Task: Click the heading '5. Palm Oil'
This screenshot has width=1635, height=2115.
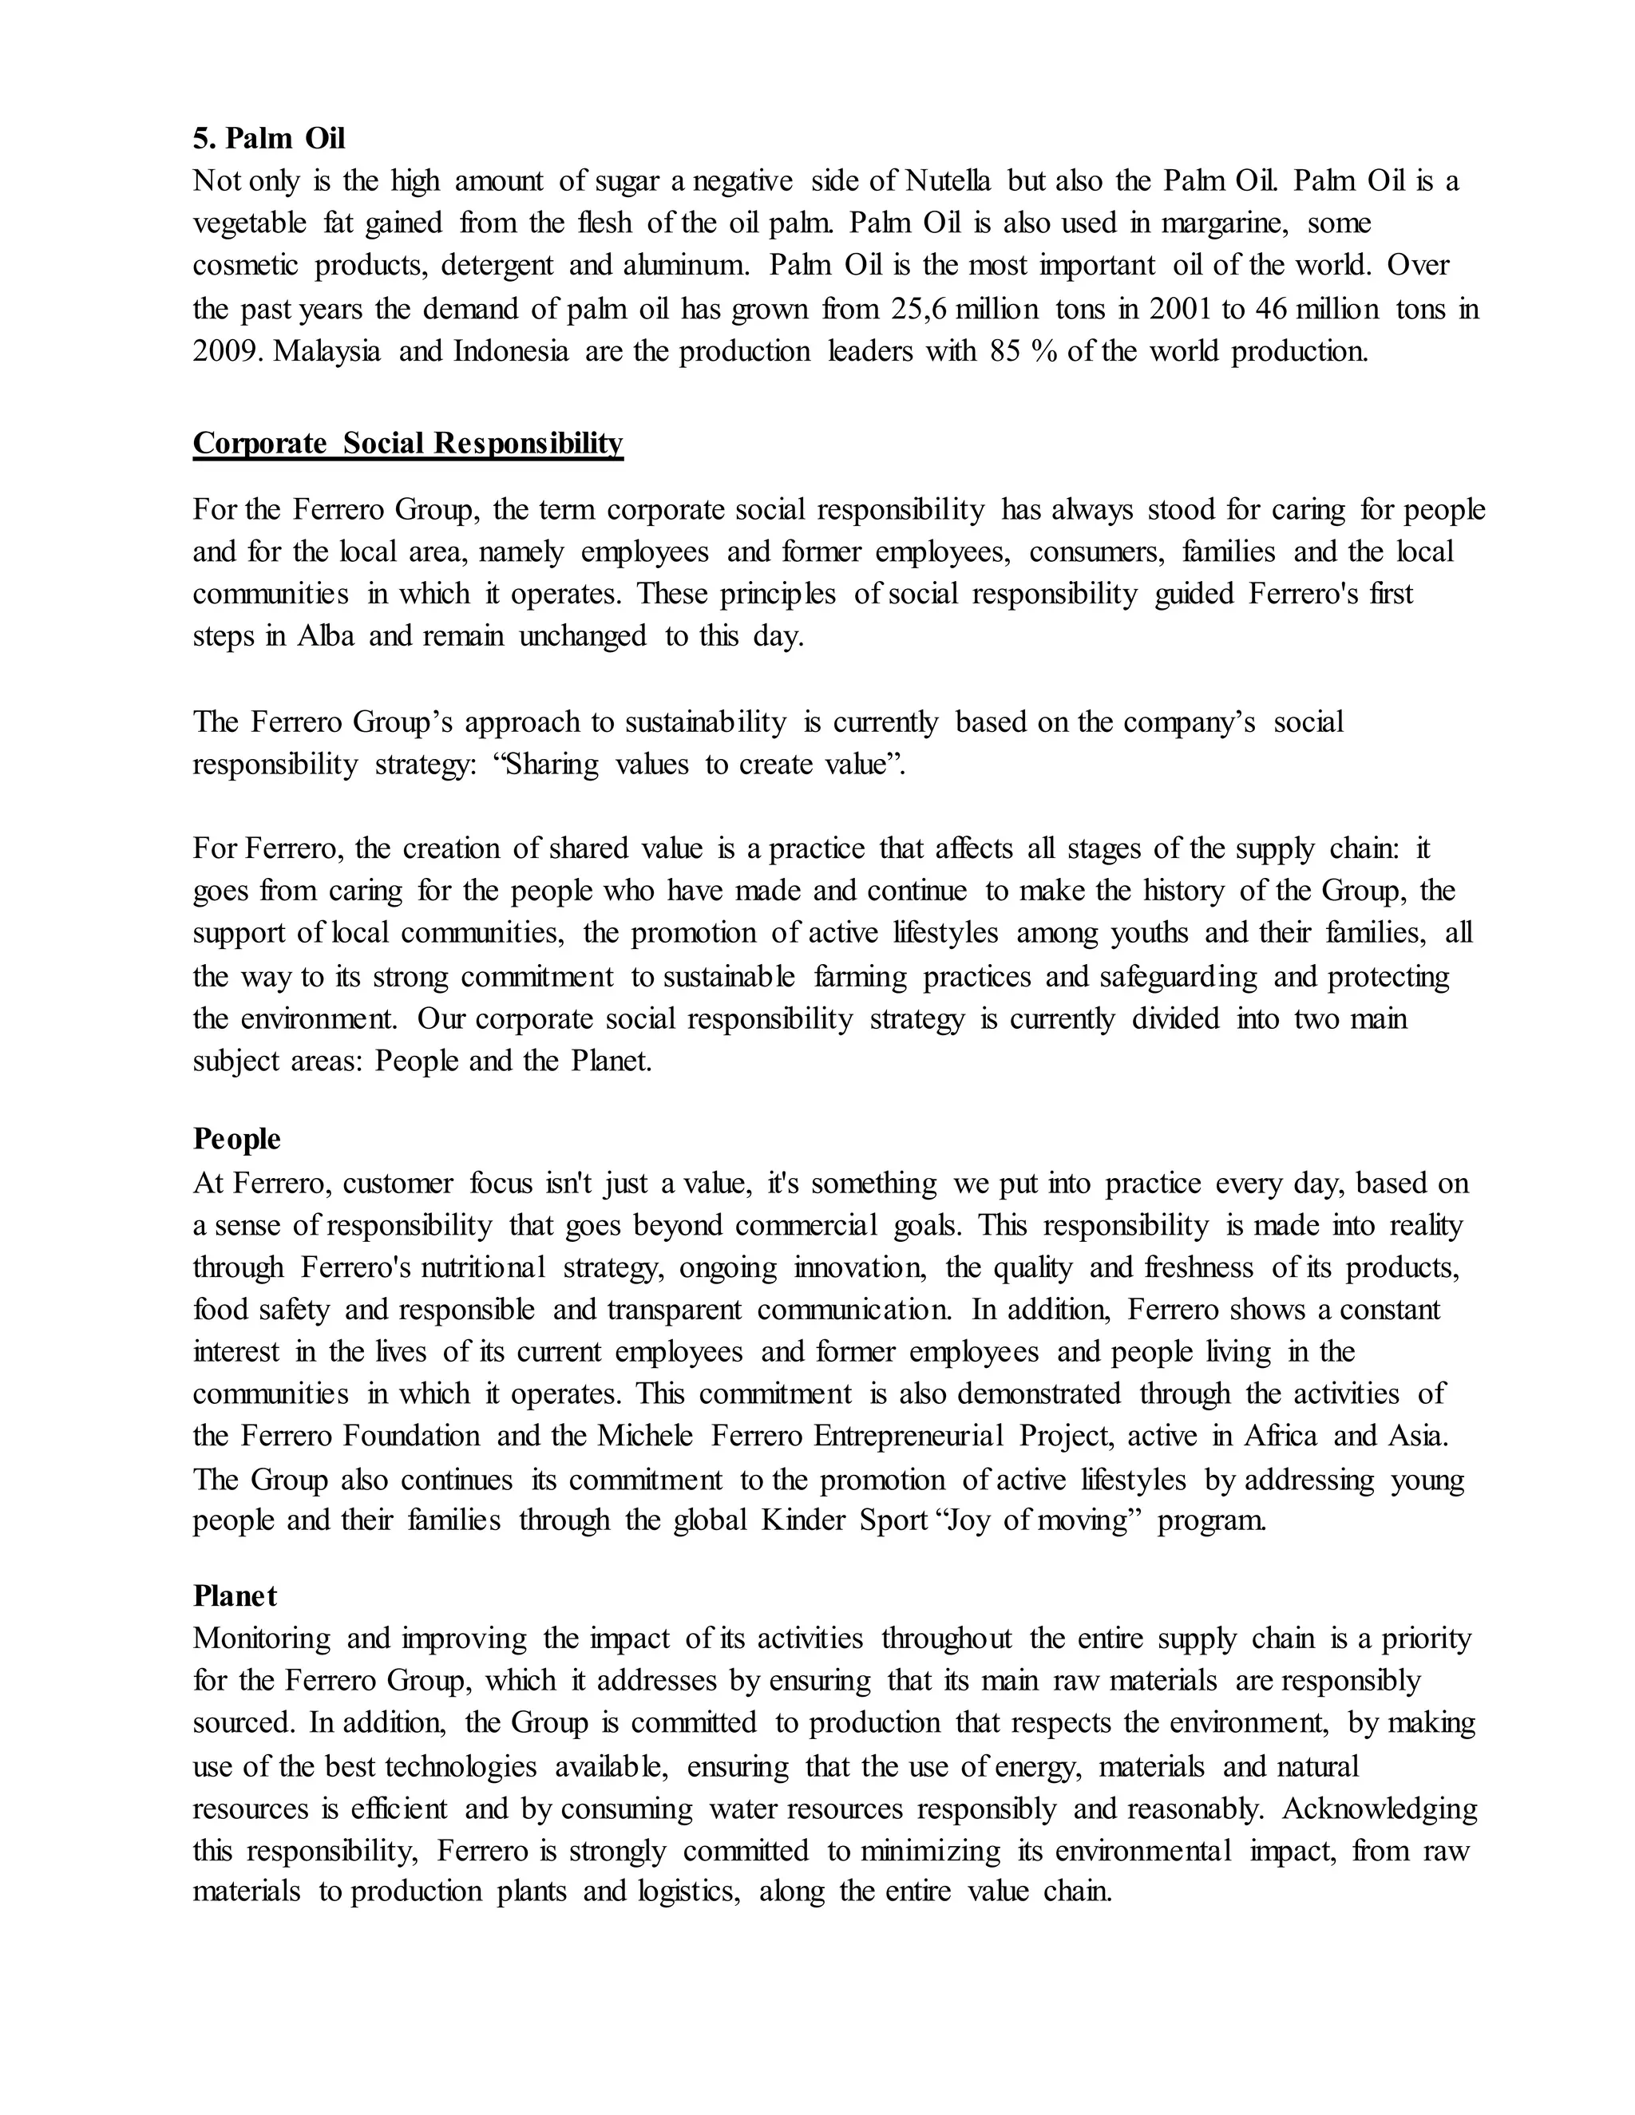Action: (x=268, y=139)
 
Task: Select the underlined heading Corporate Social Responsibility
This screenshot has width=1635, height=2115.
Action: (x=408, y=443)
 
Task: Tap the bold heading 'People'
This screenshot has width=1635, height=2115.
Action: (x=236, y=1139)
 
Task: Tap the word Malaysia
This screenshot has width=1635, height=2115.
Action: (x=327, y=350)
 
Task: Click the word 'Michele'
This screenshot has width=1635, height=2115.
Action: (x=645, y=1435)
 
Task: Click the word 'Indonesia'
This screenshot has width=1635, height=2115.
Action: (x=510, y=350)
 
